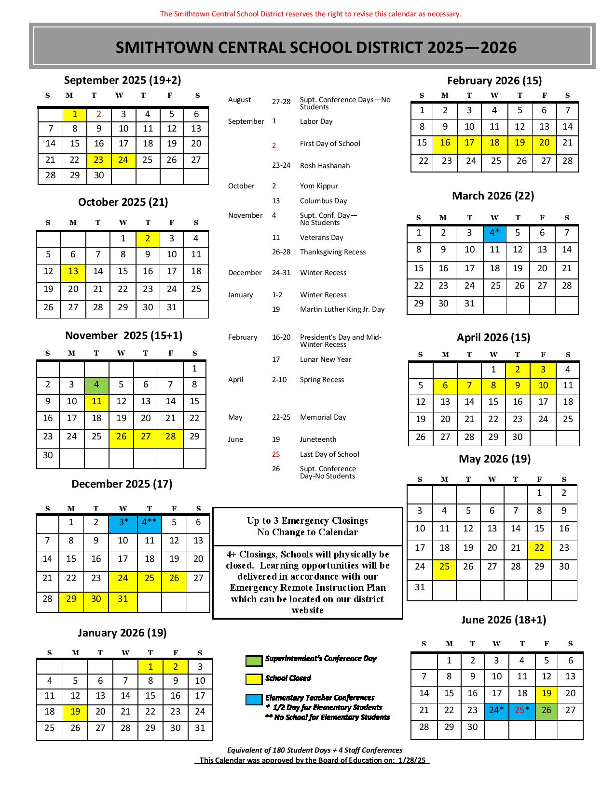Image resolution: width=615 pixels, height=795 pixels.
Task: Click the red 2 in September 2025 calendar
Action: click(x=99, y=114)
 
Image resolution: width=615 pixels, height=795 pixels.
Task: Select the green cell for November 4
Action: click(x=96, y=384)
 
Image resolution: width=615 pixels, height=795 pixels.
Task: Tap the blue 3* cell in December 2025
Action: click(x=123, y=522)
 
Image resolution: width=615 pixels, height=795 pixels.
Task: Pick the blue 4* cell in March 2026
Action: click(x=494, y=233)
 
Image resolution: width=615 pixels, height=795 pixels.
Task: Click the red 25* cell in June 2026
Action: click(x=521, y=710)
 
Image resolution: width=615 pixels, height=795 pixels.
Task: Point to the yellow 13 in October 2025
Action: click(x=73, y=271)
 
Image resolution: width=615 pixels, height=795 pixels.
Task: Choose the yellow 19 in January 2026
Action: click(x=75, y=712)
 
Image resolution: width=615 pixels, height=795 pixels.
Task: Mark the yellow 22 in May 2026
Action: click(x=539, y=548)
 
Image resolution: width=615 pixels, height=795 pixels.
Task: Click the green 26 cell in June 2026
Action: click(x=547, y=710)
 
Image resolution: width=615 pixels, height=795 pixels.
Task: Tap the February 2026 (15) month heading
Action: click(x=494, y=80)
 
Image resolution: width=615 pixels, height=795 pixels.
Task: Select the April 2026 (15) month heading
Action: click(x=493, y=337)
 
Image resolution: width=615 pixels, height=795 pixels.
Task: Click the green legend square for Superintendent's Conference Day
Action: click(x=254, y=661)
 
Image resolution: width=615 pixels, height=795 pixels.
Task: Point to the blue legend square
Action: click(x=254, y=700)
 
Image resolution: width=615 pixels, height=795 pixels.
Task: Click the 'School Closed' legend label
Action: click(x=288, y=678)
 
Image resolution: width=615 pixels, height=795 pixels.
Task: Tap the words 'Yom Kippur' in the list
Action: click(x=319, y=186)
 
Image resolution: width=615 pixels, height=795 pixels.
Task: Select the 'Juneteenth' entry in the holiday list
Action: click(x=318, y=439)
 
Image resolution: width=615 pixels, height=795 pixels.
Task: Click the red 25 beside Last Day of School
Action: click(x=276, y=454)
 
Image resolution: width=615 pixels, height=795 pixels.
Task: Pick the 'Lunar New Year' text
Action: click(x=326, y=359)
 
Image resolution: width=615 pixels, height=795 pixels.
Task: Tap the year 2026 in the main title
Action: click(x=498, y=47)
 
